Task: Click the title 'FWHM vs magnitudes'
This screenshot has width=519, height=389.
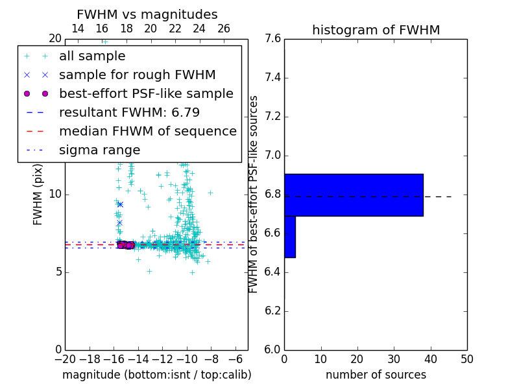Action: click(x=147, y=14)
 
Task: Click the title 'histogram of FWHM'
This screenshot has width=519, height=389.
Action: click(x=376, y=30)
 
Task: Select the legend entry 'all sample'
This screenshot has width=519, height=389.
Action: click(x=92, y=56)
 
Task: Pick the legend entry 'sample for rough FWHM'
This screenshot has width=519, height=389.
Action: click(x=137, y=75)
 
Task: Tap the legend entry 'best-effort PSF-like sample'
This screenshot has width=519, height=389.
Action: click(x=146, y=94)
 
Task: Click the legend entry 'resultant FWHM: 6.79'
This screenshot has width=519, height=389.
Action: click(x=129, y=113)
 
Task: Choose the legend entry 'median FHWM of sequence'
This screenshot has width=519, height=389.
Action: click(x=147, y=132)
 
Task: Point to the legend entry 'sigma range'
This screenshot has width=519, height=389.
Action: click(x=99, y=150)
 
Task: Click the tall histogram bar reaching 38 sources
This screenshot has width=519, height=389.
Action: click(x=354, y=194)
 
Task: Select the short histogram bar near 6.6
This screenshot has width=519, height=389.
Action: click(x=290, y=237)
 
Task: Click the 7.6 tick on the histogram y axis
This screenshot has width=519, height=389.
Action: click(x=272, y=39)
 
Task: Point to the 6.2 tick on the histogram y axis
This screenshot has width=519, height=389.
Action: click(x=272, y=311)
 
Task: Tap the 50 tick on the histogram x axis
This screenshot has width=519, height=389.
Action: click(x=466, y=359)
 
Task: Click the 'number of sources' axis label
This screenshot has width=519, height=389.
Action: click(x=376, y=375)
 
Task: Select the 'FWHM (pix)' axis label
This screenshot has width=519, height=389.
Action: click(x=38, y=194)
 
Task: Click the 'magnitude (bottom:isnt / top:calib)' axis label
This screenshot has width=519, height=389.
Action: click(x=156, y=375)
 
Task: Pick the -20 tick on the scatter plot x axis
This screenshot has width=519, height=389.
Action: click(x=65, y=359)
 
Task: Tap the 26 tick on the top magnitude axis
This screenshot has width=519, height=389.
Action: click(x=224, y=29)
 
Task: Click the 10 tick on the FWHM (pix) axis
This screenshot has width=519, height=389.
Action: click(x=55, y=194)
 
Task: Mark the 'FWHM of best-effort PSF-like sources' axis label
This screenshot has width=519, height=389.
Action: click(x=254, y=194)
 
